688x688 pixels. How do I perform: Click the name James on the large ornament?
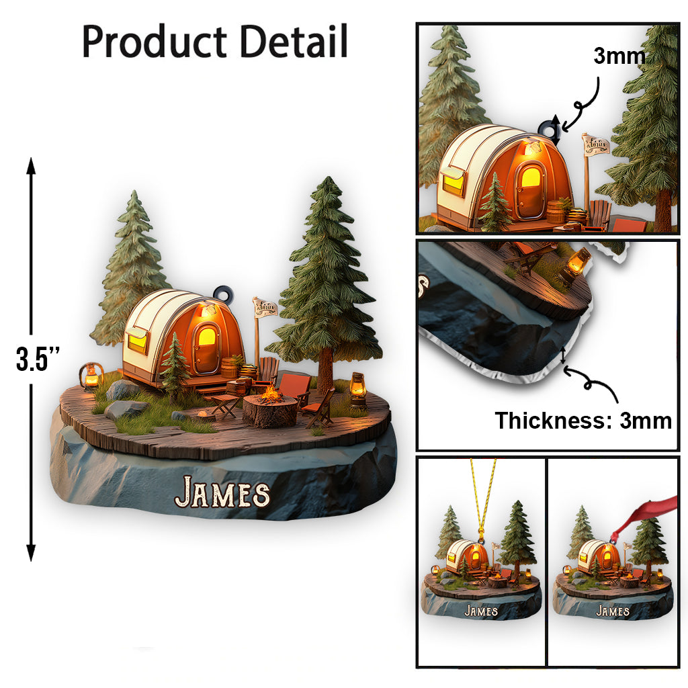pyautogui.click(x=222, y=493)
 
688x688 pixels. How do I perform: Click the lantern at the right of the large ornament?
pyautogui.click(x=358, y=390)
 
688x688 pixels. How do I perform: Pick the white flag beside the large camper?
pyautogui.click(x=265, y=308)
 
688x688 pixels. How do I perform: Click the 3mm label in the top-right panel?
pyautogui.click(x=619, y=56)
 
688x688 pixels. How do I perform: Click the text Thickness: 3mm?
pyautogui.click(x=583, y=421)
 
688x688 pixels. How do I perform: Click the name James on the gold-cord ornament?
pyautogui.click(x=481, y=611)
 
